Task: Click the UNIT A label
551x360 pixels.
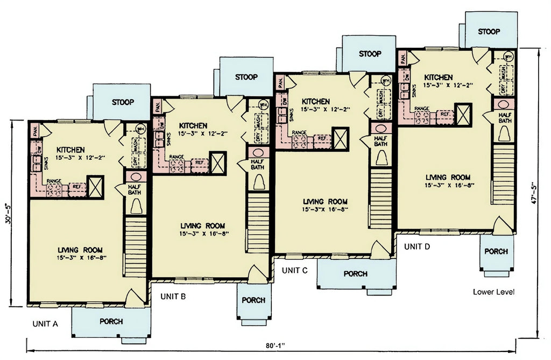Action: point(44,323)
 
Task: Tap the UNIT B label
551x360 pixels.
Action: point(173,296)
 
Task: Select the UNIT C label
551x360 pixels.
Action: point(294,270)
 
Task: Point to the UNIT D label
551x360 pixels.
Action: point(417,246)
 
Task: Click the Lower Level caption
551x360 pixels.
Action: point(494,292)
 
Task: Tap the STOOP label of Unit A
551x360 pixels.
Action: point(123,102)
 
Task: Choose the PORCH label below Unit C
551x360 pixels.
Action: point(356,274)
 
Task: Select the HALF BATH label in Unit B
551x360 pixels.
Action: point(257,164)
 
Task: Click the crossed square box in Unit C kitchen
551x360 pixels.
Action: point(340,138)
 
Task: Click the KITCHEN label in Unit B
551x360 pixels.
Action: point(194,125)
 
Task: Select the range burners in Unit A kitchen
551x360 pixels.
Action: point(55,189)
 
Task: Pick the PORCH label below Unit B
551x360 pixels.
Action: point(253,300)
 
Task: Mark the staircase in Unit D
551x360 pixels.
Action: point(504,174)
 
